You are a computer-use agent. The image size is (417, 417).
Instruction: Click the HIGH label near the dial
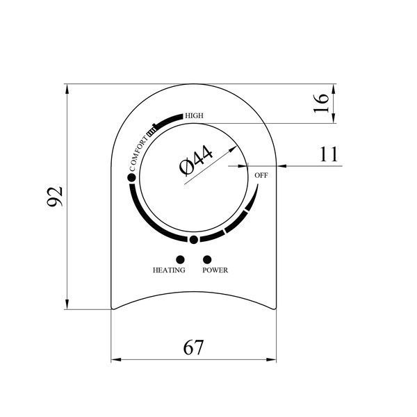194,115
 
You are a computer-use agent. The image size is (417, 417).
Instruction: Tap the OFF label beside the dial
261,175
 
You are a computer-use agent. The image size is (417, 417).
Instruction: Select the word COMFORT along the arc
138,153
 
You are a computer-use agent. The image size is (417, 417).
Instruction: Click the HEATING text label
169,270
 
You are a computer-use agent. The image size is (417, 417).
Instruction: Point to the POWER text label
215,270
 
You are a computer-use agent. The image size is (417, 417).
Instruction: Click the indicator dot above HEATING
180,259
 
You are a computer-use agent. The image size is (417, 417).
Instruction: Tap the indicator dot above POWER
207,259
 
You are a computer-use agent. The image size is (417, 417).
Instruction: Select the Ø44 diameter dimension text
196,161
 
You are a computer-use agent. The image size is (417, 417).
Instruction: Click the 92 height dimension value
55,197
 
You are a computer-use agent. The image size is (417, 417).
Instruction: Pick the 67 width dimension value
193,347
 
